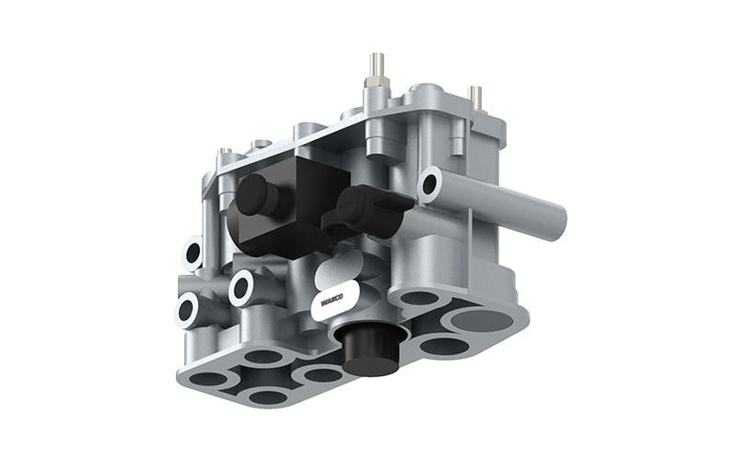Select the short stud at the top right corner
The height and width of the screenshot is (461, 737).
pos(475,98)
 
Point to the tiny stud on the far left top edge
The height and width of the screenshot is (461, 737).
pos(225,151)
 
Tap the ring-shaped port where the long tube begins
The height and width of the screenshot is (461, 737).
pos(429,185)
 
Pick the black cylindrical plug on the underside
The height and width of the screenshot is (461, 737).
pos(370,349)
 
